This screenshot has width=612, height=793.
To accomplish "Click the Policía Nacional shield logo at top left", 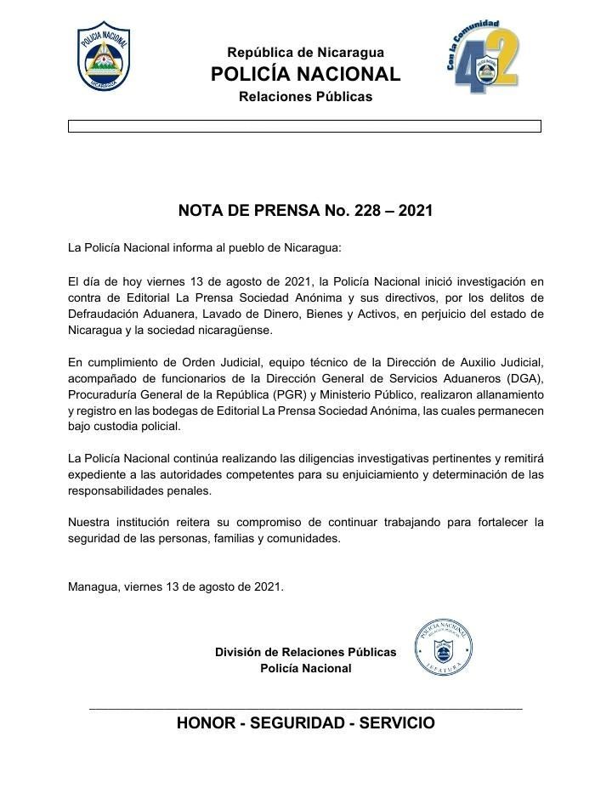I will point(104,55).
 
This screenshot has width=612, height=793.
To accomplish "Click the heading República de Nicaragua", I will point(305,53).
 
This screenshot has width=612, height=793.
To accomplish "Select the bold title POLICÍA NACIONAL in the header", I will point(305,74).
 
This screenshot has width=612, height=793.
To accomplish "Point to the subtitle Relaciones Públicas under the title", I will point(305,97).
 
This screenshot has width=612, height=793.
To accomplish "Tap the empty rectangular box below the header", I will point(304,126).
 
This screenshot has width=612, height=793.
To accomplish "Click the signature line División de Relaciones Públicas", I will point(305,652).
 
